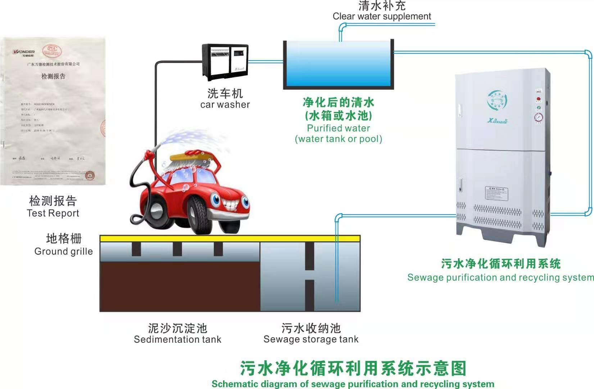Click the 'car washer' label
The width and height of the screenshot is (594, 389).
pyautogui.click(x=225, y=104)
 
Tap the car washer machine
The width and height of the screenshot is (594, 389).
pyautogui.click(x=225, y=62)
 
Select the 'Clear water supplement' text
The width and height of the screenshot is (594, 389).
pyautogui.click(x=382, y=16)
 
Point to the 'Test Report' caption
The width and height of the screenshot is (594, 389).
pyautogui.click(x=53, y=213)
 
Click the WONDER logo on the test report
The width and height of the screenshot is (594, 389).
pyautogui.click(x=24, y=52)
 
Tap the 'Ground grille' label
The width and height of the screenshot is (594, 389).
pyautogui.click(x=63, y=251)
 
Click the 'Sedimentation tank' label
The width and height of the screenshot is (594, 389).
pyautogui.click(x=177, y=339)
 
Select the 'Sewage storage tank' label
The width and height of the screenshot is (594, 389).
pyautogui.click(x=311, y=339)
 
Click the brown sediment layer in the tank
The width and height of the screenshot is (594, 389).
pyautogui.click(x=180, y=286)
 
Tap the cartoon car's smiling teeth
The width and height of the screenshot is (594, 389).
pyautogui.click(x=230, y=204)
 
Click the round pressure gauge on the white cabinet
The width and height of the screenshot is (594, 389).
pyautogui.click(x=539, y=117)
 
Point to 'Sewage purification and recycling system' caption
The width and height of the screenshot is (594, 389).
pyautogui.click(x=500, y=277)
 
